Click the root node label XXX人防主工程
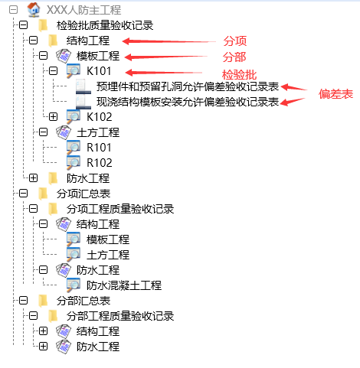[83, 10]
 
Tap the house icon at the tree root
[34, 10]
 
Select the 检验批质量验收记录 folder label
[105, 25]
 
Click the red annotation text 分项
[235, 41]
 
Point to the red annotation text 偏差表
[335, 94]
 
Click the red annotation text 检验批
[239, 75]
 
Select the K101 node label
[99, 71]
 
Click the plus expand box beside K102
[53, 117]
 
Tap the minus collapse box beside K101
[53, 71]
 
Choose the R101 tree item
[99, 148]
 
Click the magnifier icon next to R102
[74, 162]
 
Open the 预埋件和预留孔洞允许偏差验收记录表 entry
[188, 86]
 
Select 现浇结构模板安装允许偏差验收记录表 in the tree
[188, 102]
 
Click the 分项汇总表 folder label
[83, 194]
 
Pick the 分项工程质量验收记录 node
[120, 209]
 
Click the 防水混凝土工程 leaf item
[124, 285]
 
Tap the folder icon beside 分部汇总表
[43, 301]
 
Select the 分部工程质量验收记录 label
[120, 316]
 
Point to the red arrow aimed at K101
[164, 73]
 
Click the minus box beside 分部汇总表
[23, 301]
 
